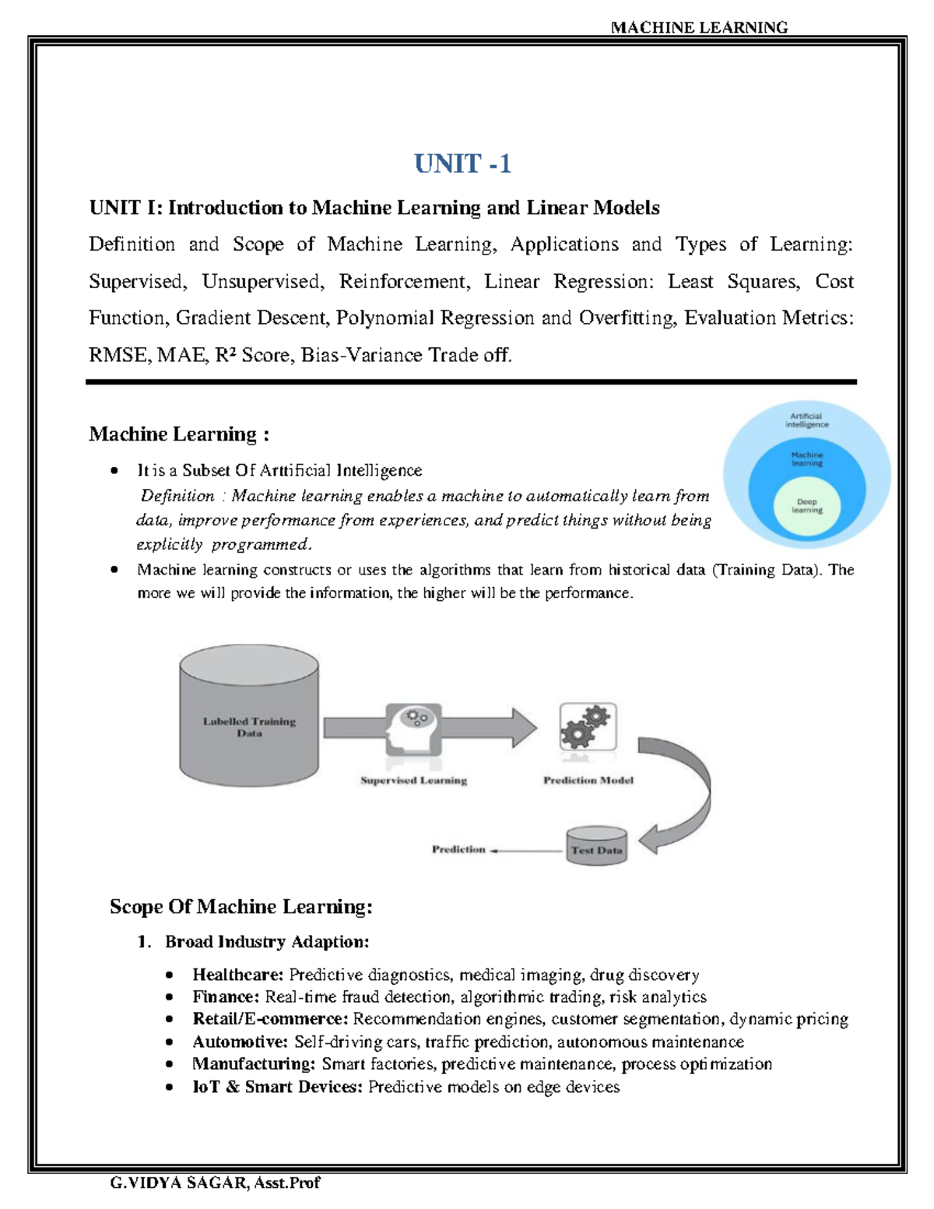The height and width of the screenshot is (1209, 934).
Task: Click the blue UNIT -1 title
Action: tap(462, 163)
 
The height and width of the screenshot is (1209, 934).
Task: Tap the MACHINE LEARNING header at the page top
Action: tap(699, 27)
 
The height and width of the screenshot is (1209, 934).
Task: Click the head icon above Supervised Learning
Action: tap(413, 727)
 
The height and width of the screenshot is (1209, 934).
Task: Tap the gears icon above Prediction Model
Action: tap(588, 726)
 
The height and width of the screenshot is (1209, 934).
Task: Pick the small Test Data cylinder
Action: tap(596, 847)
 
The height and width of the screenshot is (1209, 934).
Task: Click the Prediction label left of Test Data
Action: tap(458, 849)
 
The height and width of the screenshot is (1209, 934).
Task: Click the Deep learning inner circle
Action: tap(807, 506)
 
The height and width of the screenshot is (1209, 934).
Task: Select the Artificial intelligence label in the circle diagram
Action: tap(807, 420)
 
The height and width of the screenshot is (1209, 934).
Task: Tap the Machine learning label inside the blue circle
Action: tap(807, 459)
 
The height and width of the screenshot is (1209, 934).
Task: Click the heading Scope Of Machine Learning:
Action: tap(241, 907)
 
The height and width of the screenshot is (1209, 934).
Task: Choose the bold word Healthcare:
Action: tap(238, 975)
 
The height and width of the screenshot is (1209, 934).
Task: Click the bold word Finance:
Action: tap(226, 996)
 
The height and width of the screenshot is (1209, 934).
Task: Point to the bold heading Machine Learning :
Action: tap(179, 434)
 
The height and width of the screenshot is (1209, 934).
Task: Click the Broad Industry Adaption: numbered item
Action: tap(267, 942)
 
